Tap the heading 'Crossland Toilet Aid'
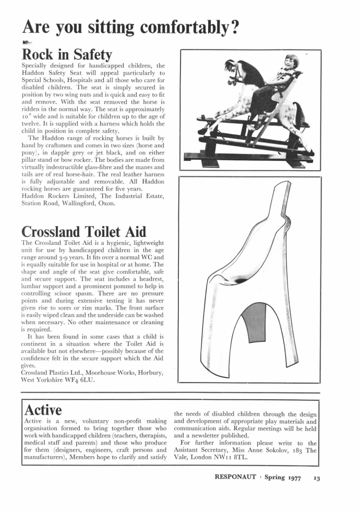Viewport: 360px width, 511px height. [x=83, y=231]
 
